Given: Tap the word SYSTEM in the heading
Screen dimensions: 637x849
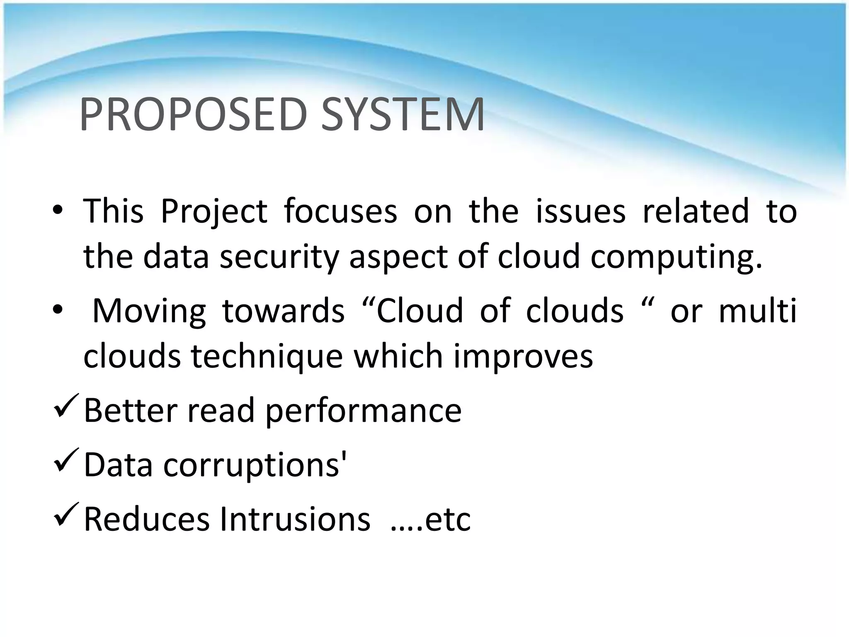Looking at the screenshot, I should [402, 114].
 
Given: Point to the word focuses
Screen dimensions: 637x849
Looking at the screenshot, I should [340, 211].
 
